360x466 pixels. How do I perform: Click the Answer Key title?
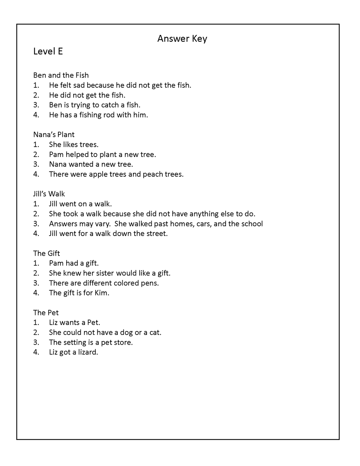click(x=182, y=39)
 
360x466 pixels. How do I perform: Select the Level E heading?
click(x=48, y=51)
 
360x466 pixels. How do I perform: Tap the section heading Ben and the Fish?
click(x=61, y=75)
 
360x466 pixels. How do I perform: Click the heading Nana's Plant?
click(x=54, y=135)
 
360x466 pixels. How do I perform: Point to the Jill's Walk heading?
click(x=49, y=194)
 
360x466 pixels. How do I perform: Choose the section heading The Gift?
click(x=46, y=253)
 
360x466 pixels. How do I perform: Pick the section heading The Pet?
click(x=46, y=313)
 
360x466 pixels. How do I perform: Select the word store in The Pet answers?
click(x=123, y=342)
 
